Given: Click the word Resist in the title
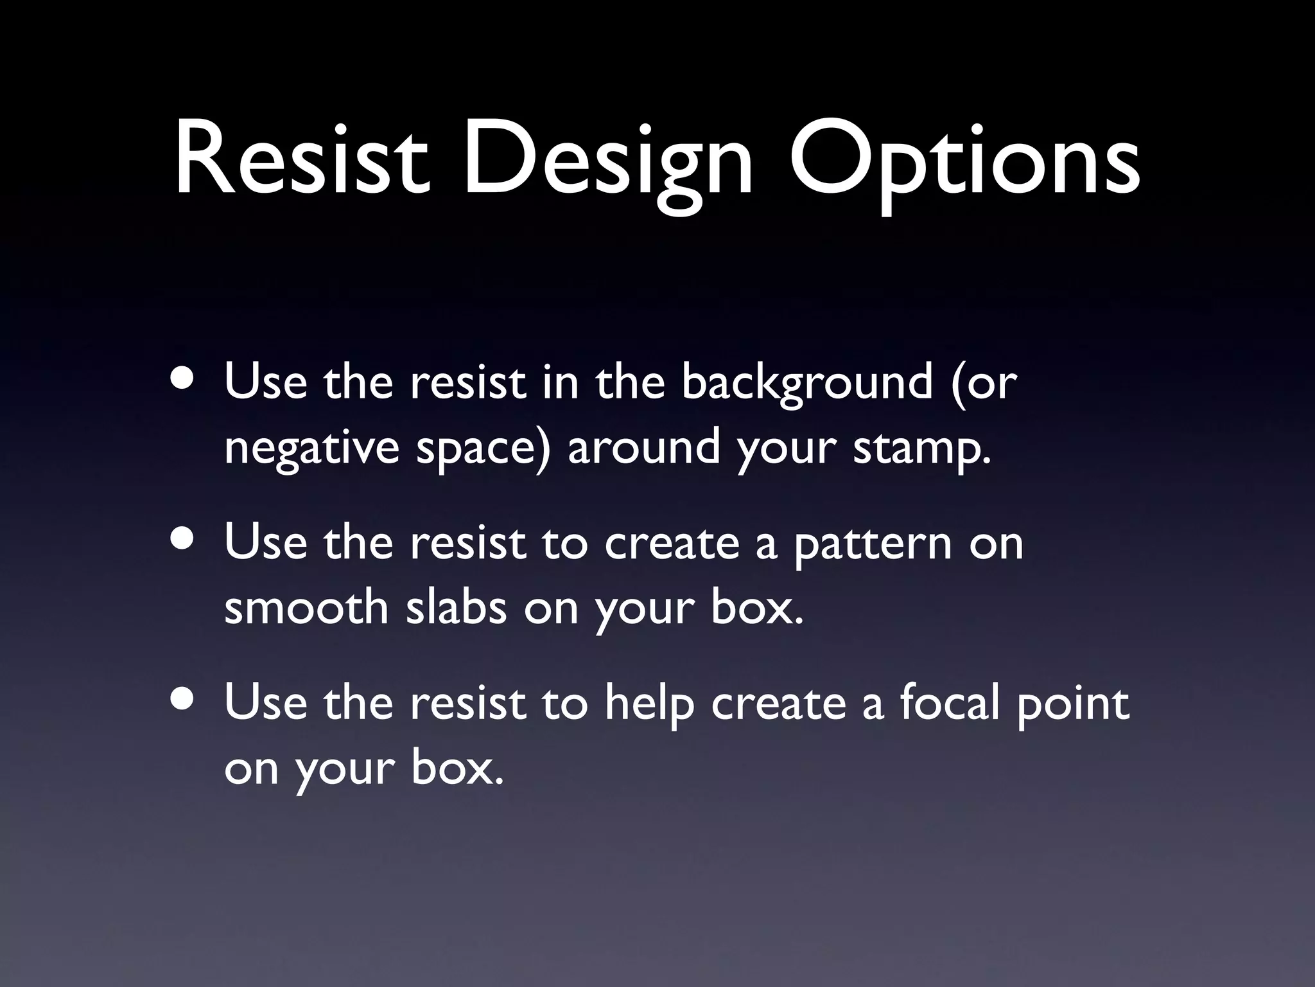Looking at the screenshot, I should coord(302,157).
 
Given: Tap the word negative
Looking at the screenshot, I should coord(312,449).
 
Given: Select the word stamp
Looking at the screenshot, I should coord(922,449).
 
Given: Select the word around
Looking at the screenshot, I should coord(643,447).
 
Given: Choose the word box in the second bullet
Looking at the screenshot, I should coord(758,608).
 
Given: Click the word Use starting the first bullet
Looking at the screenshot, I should coord(266,382).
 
